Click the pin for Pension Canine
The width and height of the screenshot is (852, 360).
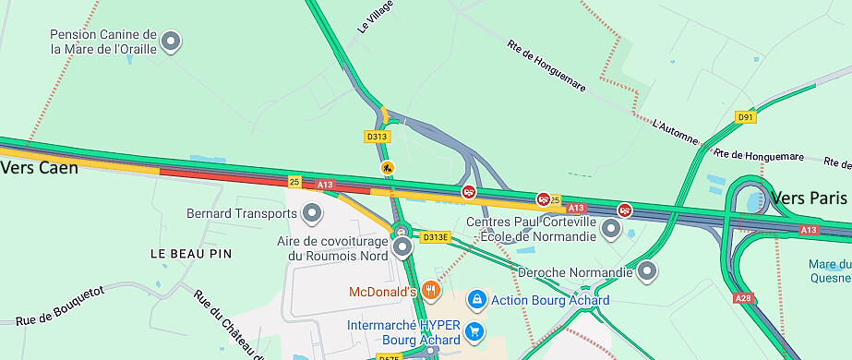tap(171, 41)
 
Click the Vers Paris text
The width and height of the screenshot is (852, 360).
tap(809, 198)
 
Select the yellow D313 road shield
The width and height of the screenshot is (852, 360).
tap(377, 137)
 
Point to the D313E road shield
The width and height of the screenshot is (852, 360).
tap(436, 237)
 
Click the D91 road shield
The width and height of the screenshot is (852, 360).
tap(746, 117)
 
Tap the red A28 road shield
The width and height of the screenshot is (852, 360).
tap(744, 298)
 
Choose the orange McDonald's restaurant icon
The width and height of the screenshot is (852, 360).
tap(431, 292)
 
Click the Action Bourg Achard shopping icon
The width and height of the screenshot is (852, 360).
tap(476, 300)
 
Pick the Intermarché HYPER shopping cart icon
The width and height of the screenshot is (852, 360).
tap(474, 331)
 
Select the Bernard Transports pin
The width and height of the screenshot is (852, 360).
tap(313, 214)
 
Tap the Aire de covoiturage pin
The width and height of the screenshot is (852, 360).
tap(402, 247)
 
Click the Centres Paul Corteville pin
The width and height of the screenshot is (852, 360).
tap(611, 228)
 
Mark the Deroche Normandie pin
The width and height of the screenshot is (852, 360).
tap(648, 271)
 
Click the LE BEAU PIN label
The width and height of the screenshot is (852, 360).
tap(191, 253)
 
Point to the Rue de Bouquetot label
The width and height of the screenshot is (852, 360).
tap(60, 306)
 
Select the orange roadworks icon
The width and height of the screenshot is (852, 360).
tap(388, 168)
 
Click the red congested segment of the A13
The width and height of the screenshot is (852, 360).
tap(222, 174)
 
